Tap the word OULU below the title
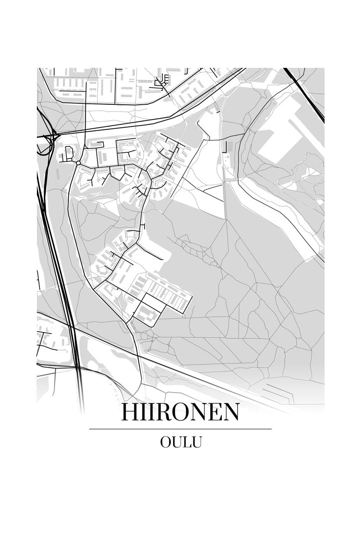(x=180, y=442)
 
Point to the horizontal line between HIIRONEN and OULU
(x=180, y=429)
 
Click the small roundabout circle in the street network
(x=78, y=163)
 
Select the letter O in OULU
(x=166, y=442)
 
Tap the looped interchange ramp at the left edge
(x=45, y=145)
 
